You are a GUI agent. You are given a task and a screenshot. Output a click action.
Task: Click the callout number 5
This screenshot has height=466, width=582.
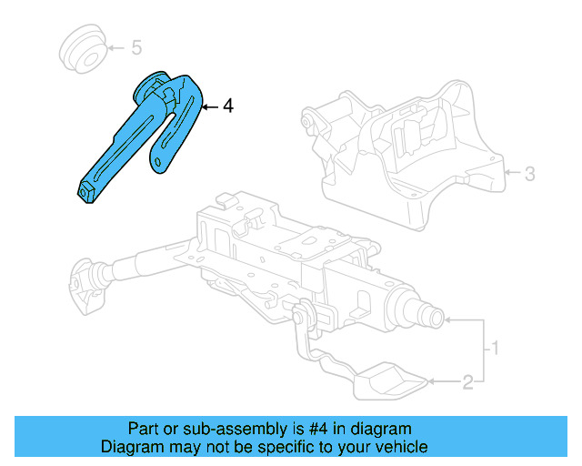coord(136,46)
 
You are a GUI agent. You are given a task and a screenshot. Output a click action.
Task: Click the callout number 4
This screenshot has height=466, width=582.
coord(227,106)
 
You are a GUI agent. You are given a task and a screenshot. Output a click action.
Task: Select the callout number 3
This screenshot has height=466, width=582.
coord(531,171)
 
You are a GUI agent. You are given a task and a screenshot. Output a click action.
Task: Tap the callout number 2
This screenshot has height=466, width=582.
coord(467,383)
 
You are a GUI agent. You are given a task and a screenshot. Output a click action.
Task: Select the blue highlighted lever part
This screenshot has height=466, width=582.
coord(145,132)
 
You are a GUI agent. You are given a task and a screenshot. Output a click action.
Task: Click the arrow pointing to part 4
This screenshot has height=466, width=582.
coord(210,106)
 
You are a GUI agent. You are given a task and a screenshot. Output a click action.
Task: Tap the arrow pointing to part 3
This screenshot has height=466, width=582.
coord(511,171)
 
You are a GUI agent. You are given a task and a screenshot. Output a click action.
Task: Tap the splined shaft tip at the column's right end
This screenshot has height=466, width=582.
coord(433,319)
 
